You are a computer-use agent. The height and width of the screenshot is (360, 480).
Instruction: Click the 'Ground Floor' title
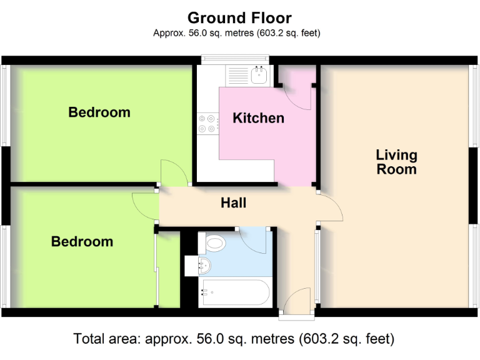[239, 17]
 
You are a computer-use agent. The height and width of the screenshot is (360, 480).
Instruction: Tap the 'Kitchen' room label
[258, 118]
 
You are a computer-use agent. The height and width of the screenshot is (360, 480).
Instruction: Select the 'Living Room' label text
[396, 162]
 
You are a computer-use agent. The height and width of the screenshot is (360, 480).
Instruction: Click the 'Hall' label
[234, 203]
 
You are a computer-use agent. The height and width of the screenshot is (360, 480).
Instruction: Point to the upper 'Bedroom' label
[99, 112]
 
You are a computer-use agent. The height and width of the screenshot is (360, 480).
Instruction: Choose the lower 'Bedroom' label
[82, 242]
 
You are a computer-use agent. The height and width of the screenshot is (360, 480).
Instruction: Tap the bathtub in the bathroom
[234, 291]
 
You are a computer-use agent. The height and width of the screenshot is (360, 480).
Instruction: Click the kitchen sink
[259, 76]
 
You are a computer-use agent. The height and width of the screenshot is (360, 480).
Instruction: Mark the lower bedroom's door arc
[144, 206]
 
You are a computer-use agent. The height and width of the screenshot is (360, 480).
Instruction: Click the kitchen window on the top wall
[234, 60]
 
